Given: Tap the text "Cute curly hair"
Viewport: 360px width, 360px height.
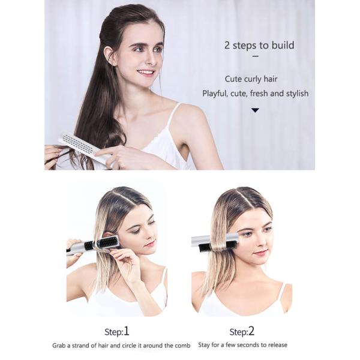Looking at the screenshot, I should pyautogui.click(x=251, y=79).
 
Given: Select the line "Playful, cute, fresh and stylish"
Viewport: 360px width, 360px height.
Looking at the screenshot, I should pyautogui.click(x=255, y=94).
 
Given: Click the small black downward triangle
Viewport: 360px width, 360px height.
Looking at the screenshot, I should pyautogui.click(x=255, y=110).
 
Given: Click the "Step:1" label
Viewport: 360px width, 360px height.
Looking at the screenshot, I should pyautogui.click(x=117, y=331).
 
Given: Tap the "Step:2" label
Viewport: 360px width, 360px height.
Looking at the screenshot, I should pyautogui.click(x=242, y=331).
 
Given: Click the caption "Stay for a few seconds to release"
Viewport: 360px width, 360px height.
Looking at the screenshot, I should pyautogui.click(x=242, y=345).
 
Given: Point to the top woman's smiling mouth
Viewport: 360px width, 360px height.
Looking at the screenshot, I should pyautogui.click(x=145, y=72).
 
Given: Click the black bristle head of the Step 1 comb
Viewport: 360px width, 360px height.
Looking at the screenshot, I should pyautogui.click(x=107, y=244).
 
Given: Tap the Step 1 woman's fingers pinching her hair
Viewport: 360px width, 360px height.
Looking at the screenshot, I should pyautogui.click(x=125, y=254).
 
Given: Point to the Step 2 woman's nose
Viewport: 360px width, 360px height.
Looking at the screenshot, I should pyautogui.click(x=259, y=240).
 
